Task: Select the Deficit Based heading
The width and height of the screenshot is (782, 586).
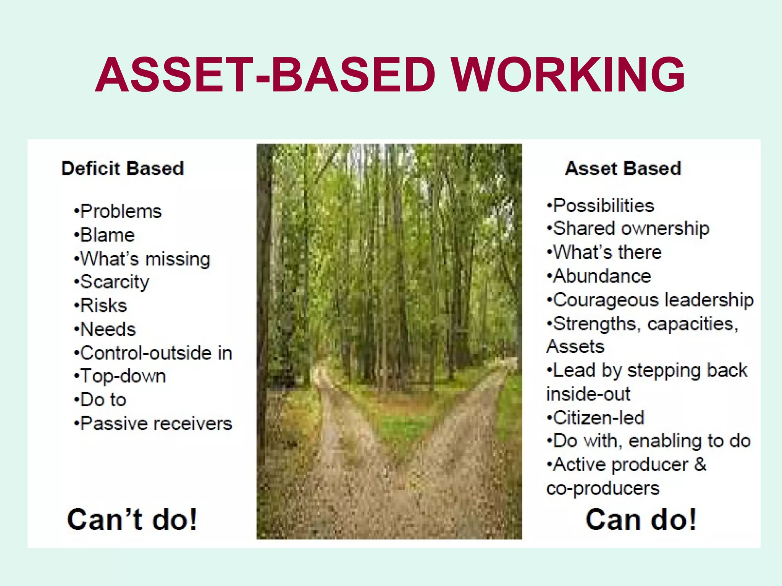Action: [123, 168]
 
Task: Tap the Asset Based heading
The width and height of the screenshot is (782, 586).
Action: [623, 168]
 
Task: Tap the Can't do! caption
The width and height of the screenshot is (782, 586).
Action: [132, 520]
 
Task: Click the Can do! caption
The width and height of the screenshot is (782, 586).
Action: [641, 520]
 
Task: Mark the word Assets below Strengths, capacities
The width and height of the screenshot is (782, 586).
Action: [575, 347]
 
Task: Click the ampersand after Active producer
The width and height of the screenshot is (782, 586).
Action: [700, 465]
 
